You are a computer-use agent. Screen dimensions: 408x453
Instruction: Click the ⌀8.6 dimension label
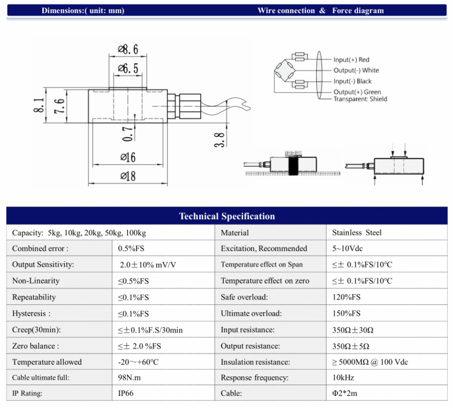[x=128, y=50]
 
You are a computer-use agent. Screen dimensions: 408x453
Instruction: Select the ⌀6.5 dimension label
[x=128, y=68]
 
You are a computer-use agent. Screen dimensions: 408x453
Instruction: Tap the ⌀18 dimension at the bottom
[x=128, y=176]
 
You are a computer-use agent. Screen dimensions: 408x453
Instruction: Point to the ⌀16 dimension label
[x=128, y=158]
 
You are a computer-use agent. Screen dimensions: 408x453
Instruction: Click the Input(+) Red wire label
[x=351, y=60]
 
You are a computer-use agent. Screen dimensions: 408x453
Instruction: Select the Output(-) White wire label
[x=356, y=70]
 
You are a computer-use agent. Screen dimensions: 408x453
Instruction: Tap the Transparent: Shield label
[x=360, y=99]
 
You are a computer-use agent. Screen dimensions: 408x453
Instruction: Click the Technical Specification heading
[x=227, y=216]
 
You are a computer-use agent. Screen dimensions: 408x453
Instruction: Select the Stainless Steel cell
[x=356, y=233]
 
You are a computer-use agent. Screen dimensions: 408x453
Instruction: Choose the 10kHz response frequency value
[x=343, y=378]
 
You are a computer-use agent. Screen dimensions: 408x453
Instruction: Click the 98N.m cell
[x=130, y=378]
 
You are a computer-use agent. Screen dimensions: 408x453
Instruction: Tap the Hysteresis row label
[x=31, y=314]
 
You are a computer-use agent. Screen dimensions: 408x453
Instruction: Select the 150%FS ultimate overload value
[x=346, y=314]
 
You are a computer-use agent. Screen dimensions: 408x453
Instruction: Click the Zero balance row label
[x=35, y=346]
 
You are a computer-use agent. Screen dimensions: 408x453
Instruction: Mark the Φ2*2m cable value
[x=345, y=394]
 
